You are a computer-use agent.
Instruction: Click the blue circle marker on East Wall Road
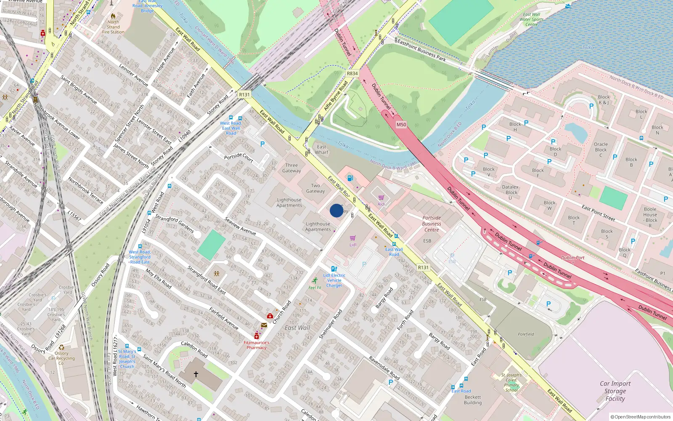pos(336,210)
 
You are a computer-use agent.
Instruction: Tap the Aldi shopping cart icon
pos(381,197)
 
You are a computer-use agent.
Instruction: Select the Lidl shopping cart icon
pos(352,238)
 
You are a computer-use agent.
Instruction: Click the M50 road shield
pos(401,125)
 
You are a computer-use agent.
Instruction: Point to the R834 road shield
pos(352,73)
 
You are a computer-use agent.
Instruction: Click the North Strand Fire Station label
pos(113,27)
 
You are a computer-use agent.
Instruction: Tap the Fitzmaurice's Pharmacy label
pos(256,345)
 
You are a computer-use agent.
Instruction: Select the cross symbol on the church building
pos(196,374)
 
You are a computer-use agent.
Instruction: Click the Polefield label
pos(526,334)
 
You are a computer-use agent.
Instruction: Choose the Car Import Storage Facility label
pos(615,391)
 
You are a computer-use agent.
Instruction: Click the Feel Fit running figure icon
pos(315,280)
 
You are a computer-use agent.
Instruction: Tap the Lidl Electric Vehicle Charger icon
pos(334,269)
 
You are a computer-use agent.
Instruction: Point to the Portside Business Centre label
pos(432,224)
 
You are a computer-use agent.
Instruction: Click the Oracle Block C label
pos(601,149)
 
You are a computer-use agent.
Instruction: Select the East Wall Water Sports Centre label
pos(531,19)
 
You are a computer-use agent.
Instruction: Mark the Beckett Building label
pos(473,400)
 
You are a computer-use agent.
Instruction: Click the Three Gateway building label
pos(291,168)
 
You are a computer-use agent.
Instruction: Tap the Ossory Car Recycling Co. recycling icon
pos(61,347)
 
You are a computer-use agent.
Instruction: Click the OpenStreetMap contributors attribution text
pos(640,417)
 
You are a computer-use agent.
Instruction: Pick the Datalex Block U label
pos(510,192)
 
